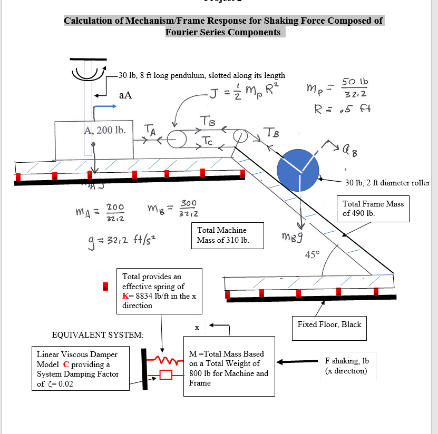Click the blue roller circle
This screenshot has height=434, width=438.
point(298,170)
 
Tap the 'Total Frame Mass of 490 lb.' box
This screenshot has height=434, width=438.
point(373,209)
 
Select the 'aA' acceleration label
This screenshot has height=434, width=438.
point(125,95)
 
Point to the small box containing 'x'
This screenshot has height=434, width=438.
point(197,328)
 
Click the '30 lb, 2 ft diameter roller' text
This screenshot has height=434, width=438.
point(387,183)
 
